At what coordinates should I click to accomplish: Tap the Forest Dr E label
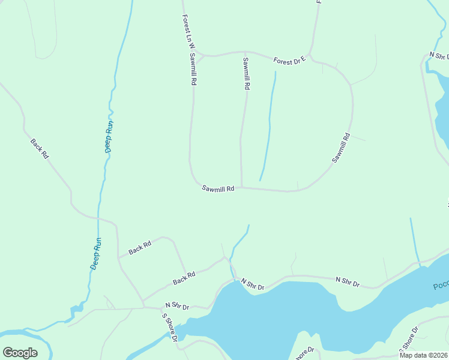tap(290, 60)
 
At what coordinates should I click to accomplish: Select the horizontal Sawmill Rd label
tap(217, 189)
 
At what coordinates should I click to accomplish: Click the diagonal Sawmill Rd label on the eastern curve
tap(340, 148)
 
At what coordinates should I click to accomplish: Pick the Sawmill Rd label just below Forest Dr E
tap(246, 73)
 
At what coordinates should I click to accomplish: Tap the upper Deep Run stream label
tap(109, 137)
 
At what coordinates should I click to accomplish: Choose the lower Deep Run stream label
tap(96, 254)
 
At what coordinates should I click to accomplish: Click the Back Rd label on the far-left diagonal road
tap(40, 148)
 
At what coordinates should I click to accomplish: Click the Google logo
tap(20, 352)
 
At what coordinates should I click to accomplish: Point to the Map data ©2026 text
tap(423, 355)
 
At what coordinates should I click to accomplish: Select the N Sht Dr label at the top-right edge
tap(439, 56)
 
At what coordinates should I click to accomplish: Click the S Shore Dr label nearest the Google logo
tap(169, 326)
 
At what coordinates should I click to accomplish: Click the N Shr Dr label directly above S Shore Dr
tap(177, 306)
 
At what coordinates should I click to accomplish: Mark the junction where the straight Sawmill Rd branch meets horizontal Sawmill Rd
tap(242, 187)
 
